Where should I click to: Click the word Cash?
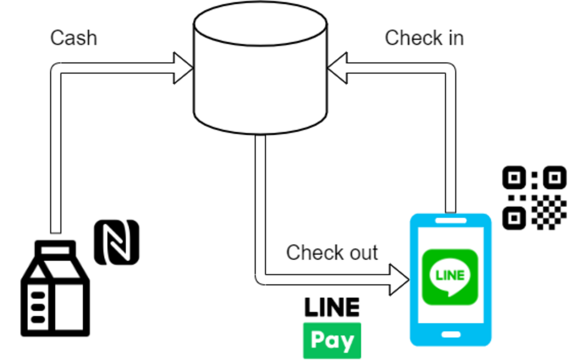74,38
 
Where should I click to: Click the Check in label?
424,38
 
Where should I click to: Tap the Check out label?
332,253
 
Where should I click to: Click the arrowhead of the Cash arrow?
183,68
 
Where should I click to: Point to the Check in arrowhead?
337,68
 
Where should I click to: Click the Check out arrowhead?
399,280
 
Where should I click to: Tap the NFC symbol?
116,242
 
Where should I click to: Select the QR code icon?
534,197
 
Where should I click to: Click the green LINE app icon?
450,277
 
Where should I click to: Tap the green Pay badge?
332,340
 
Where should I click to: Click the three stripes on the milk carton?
38,307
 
